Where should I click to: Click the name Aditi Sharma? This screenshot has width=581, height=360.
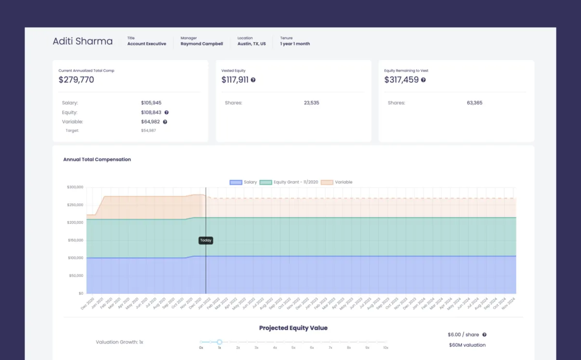click(x=82, y=41)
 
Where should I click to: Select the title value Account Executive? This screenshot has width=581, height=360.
click(x=147, y=44)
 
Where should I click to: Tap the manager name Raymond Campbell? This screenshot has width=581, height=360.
click(x=202, y=44)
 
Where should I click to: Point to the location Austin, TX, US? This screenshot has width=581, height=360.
click(x=251, y=44)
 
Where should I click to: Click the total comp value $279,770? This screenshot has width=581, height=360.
click(x=76, y=80)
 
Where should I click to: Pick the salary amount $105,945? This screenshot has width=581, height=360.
click(x=151, y=103)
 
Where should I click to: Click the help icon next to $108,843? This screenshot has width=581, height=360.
click(x=167, y=112)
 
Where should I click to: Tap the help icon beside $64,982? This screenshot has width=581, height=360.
click(x=165, y=122)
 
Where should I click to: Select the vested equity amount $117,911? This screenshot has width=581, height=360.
click(x=235, y=80)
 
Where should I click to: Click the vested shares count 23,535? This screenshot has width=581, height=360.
click(x=311, y=103)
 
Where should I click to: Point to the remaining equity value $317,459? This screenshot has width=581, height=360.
click(x=401, y=80)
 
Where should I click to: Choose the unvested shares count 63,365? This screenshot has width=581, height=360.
click(x=474, y=103)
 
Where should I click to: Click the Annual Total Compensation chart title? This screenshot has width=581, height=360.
click(x=97, y=159)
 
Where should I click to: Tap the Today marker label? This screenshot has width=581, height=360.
click(x=206, y=240)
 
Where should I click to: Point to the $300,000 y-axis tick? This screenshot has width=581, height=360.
click(x=75, y=187)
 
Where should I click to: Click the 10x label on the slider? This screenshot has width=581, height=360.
click(x=385, y=348)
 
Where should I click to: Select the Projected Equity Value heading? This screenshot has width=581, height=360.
click(x=293, y=328)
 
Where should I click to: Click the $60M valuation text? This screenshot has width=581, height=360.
click(x=467, y=345)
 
